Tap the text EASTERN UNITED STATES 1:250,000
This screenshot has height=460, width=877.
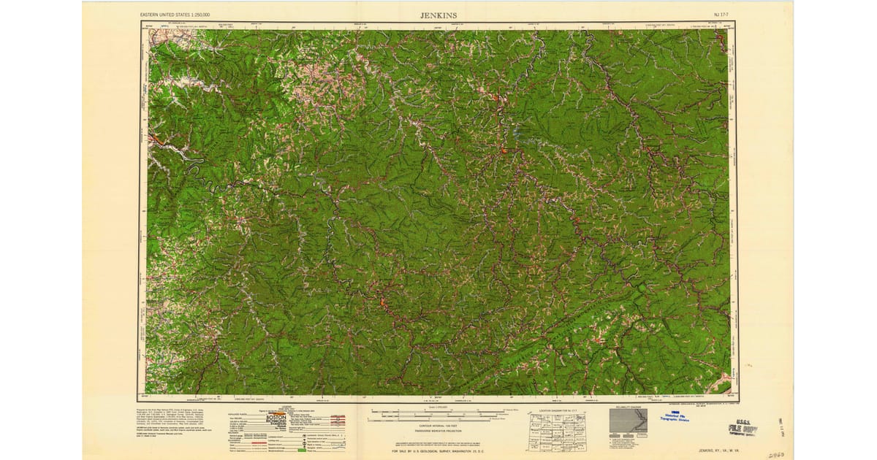pos(175,15)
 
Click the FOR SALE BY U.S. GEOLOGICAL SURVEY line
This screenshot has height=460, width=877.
pos(437,452)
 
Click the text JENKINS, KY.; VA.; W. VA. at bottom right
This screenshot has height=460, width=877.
pos(724,451)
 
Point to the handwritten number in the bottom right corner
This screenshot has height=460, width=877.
pos(778,453)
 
